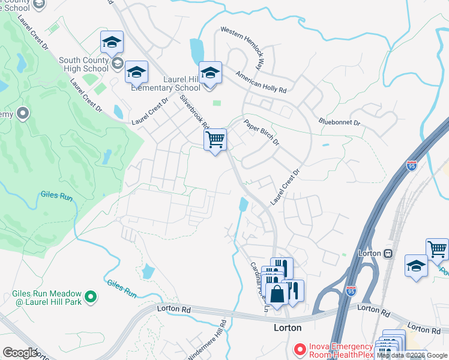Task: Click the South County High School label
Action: [x=83, y=64]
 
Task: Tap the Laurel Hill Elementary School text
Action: [x=166, y=83]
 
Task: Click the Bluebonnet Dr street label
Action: [x=339, y=122]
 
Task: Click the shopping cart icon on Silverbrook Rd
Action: [x=215, y=140]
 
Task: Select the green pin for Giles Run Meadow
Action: [x=90, y=296]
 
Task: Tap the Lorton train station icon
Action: [x=388, y=253]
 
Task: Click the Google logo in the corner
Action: [x=20, y=352]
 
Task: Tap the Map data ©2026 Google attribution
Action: [x=412, y=355]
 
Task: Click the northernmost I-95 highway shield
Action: [x=411, y=166]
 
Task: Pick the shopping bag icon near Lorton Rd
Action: [x=277, y=295]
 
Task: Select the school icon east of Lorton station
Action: [x=416, y=266]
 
